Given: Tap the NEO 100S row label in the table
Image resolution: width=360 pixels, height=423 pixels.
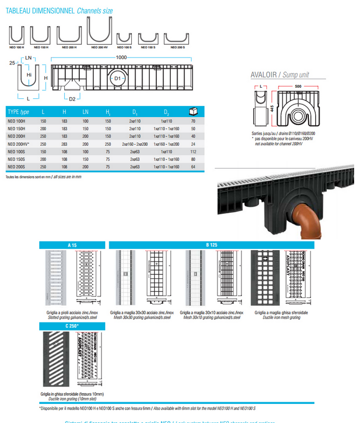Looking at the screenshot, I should pos(17,152).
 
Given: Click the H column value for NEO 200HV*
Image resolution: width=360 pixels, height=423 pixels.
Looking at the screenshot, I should pos(64,144).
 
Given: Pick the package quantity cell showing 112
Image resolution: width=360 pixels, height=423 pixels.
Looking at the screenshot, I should pos(193,152).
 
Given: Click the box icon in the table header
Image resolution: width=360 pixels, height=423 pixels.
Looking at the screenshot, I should pos(193,112).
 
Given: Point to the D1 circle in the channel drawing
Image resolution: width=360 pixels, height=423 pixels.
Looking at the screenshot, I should pos(119,79).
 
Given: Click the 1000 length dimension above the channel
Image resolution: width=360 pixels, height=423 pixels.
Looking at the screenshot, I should pos(121,57).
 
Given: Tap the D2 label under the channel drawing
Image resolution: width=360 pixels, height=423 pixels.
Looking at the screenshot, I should pos(72,98).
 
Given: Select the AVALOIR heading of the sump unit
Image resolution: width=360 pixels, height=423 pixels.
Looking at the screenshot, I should pos(264,75).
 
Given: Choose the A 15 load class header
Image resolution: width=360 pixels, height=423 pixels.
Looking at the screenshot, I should pos(72,245).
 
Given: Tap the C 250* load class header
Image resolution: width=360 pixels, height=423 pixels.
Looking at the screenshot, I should pos(72,326).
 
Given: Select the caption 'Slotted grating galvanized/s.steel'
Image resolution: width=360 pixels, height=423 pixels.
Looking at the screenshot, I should pos(72,317).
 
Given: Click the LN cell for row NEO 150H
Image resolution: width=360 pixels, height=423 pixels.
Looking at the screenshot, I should pos(86,129).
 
